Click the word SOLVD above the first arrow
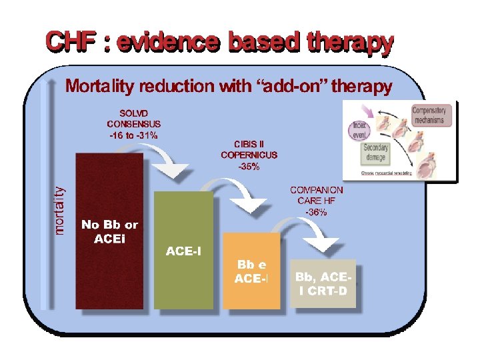coord(133,113)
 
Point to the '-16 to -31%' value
coord(133,135)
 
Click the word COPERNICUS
coord(249,155)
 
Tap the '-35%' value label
coord(249,166)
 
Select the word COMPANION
coord(317,190)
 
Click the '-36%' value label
coord(317,212)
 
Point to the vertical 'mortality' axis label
coord(61,210)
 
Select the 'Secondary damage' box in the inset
coord(376,153)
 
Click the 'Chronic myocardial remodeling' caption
coord(387,173)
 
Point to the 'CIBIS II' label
coord(249,144)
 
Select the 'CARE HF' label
coord(317,201)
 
